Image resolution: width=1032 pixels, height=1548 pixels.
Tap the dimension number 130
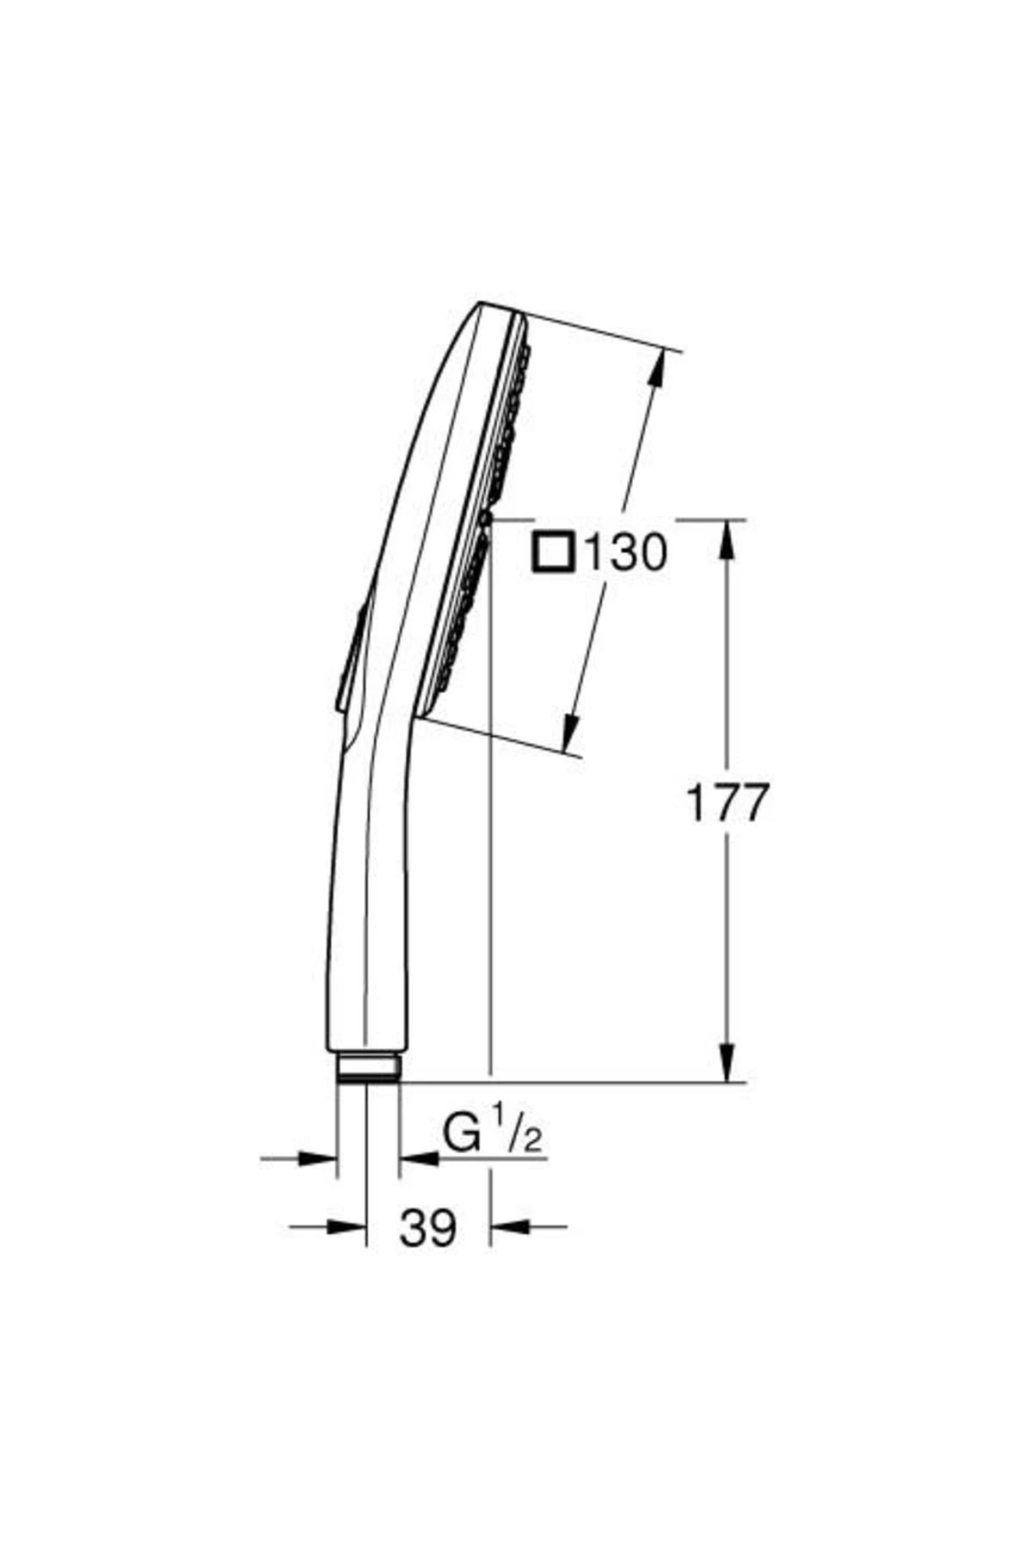pos(625,553)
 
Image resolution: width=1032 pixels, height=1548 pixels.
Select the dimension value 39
pos(427,1227)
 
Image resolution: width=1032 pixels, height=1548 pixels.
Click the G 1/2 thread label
pos(493,1133)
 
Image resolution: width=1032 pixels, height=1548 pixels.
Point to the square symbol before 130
pos(553,552)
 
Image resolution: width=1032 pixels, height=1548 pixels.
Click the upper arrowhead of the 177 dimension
pos(728,538)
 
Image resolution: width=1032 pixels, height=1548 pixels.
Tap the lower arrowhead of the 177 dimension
pos(728,1063)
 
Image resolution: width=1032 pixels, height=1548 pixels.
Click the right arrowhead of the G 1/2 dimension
pos(418,1159)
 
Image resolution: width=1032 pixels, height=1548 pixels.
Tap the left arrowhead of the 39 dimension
pos(348,1226)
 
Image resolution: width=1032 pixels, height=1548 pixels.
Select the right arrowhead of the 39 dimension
pos(509,1226)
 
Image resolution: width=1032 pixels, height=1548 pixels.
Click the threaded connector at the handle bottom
pos(368,1066)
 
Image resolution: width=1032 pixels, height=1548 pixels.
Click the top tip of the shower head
pos(482,304)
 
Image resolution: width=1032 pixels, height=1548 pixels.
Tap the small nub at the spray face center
pos(486,518)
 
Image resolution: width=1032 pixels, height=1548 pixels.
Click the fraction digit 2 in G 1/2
pos(532,1140)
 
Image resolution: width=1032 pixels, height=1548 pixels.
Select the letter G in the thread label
pos(462,1133)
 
